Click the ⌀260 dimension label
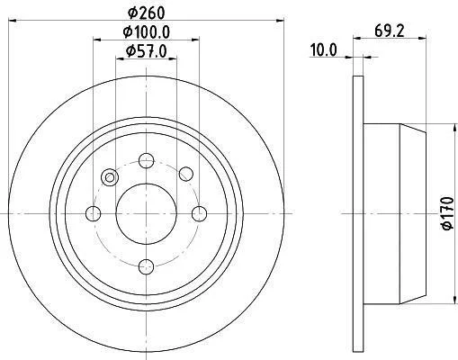click(x=147, y=13)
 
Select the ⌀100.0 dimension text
click(x=147, y=32)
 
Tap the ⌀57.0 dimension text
click(x=146, y=51)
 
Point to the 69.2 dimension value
click(x=390, y=31)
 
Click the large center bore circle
click(x=146, y=213)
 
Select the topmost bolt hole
click(x=147, y=161)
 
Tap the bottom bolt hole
click(x=147, y=266)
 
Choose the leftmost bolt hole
click(x=94, y=213)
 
